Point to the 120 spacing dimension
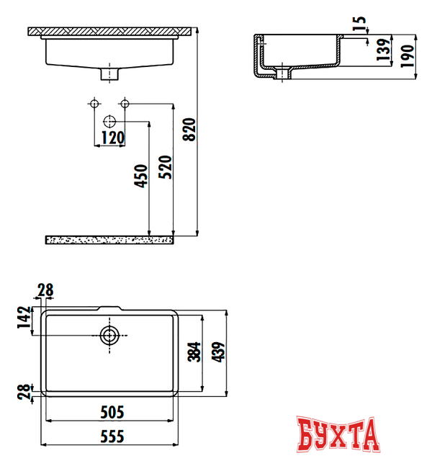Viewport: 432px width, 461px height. coord(112,138)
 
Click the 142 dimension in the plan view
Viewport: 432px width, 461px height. coord(24,318)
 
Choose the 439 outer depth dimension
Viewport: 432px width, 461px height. coord(220,352)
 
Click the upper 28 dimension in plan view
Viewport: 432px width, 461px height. coord(45,290)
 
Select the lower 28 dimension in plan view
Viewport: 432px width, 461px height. coord(24,392)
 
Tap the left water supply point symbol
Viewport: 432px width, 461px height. coord(93,104)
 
